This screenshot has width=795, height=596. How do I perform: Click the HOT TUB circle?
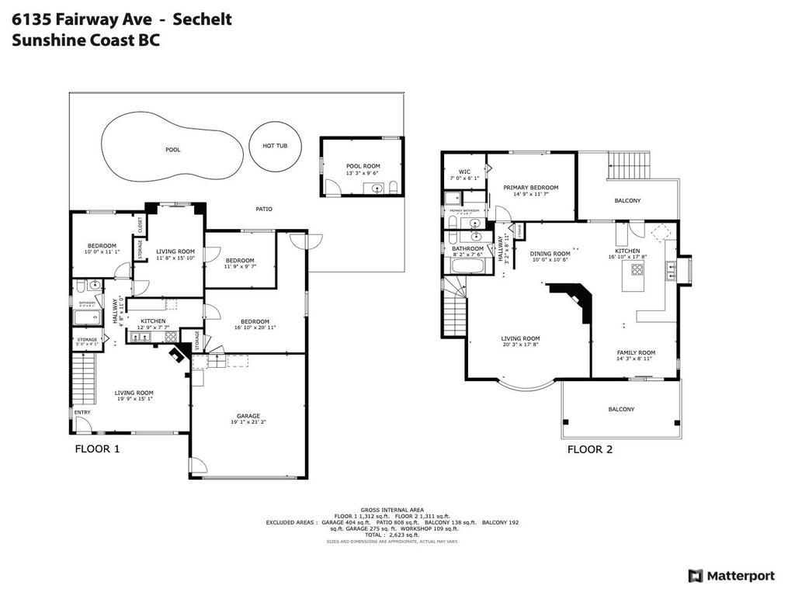coord(275,145)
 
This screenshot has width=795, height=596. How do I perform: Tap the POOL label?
coord(172,150)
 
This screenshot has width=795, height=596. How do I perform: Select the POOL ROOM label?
coord(363,166)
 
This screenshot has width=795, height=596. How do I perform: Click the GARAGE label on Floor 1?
coord(248,416)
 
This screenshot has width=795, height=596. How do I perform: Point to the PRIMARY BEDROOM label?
coord(530,187)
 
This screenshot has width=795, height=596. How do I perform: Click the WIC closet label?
coord(464,172)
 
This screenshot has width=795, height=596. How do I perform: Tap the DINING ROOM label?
coord(550,254)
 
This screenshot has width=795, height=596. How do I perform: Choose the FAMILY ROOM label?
coord(636,352)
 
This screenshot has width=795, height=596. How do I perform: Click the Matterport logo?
coord(731,575)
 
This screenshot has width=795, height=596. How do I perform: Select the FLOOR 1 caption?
coord(97,449)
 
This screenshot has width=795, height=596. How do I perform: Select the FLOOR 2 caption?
coord(590,449)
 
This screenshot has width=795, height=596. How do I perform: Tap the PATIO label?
coord(264,210)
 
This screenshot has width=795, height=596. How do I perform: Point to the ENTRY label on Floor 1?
coord(82,412)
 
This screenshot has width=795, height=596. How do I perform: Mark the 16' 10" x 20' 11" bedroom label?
coord(255,321)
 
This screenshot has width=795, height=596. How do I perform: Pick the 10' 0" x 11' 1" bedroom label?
coord(101,246)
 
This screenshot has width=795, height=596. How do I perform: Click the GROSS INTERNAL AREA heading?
coord(392,510)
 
